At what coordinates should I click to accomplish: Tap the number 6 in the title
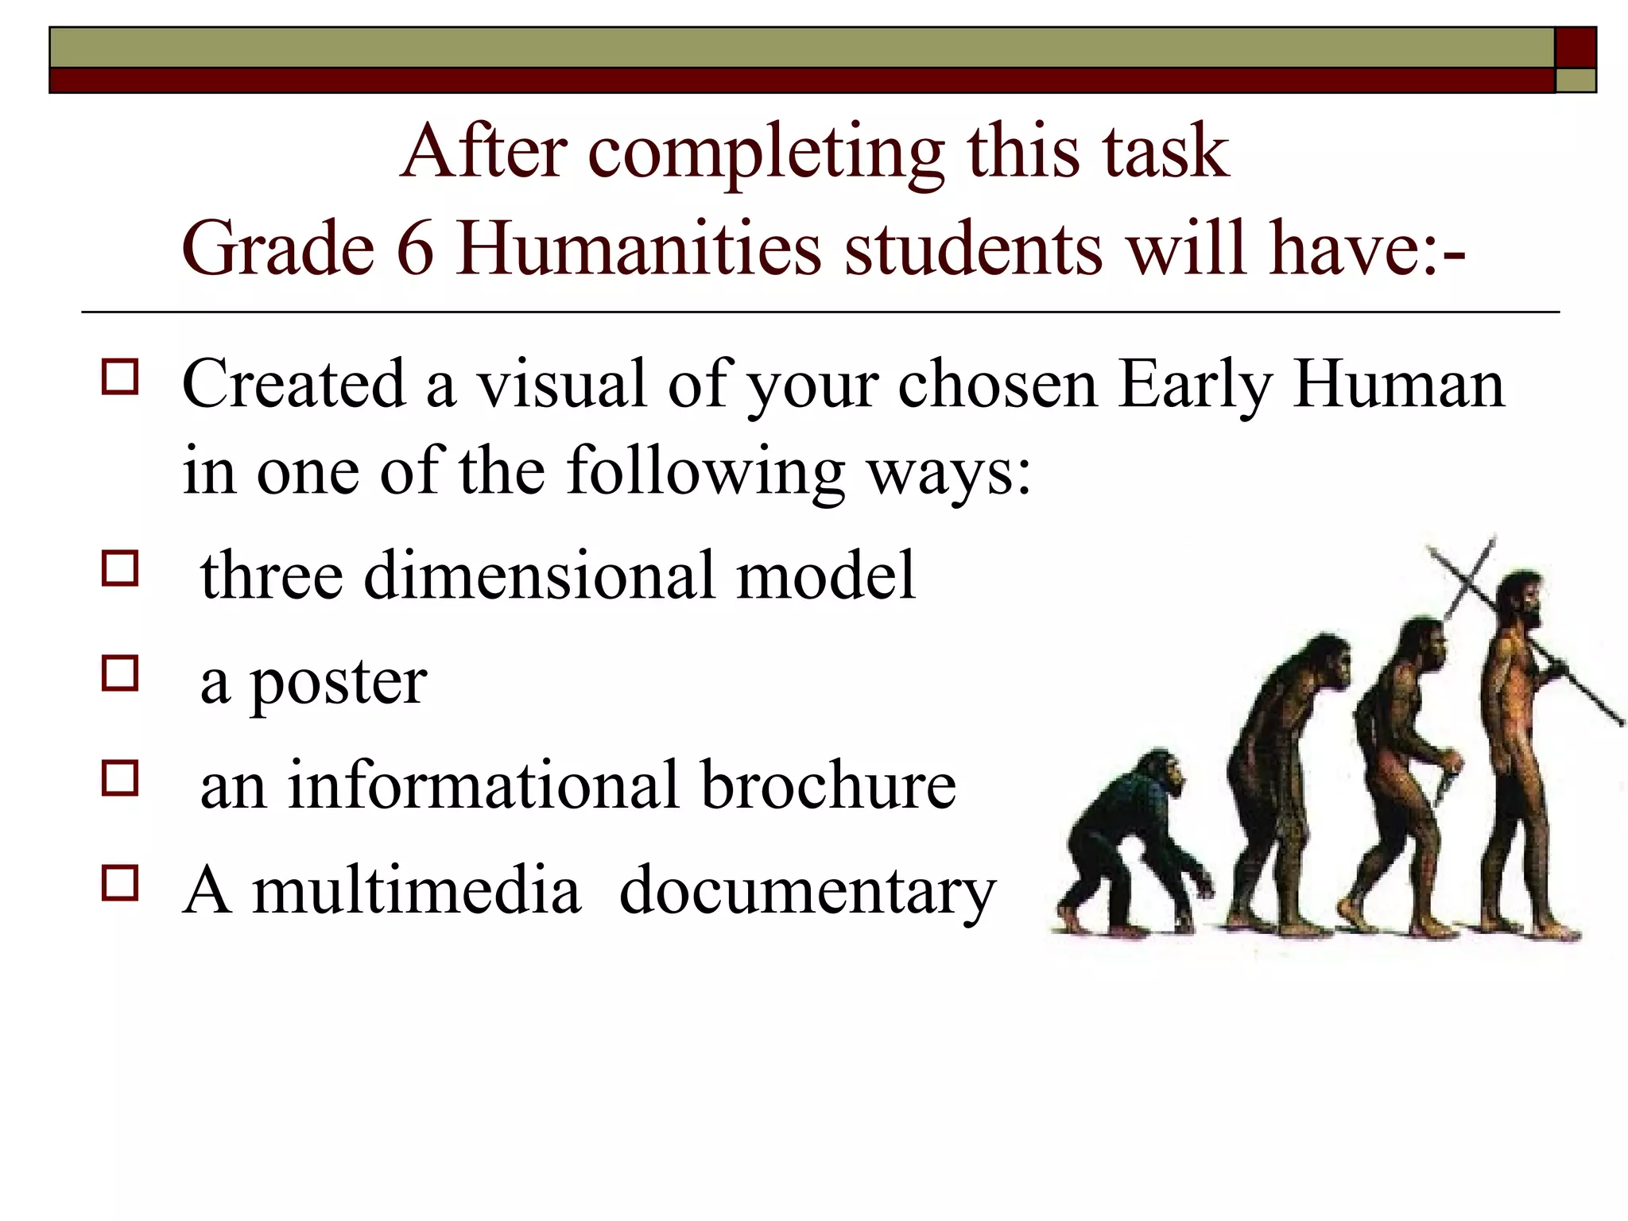415,249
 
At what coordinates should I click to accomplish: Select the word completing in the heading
766,153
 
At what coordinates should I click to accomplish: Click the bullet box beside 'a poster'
120,673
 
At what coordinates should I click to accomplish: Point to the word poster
339,684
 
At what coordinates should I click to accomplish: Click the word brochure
828,785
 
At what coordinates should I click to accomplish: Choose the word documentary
807,891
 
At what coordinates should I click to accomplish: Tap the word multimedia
416,891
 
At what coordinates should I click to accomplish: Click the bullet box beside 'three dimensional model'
120,568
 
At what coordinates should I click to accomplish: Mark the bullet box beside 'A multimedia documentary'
120,882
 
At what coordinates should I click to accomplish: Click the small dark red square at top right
1576,48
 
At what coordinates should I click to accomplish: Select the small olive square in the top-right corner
1576,81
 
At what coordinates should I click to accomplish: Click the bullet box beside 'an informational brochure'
120,777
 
